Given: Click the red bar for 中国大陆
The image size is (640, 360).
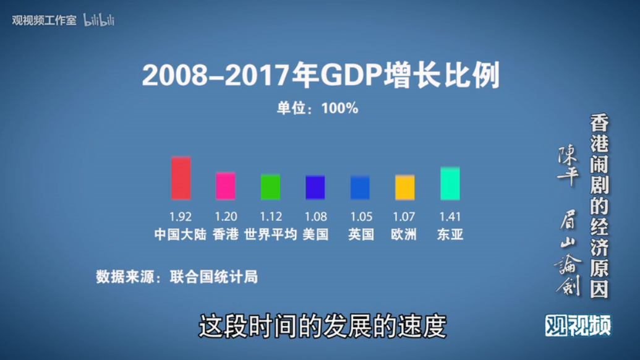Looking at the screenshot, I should [x=181, y=178].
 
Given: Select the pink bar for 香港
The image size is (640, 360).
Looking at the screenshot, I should [x=225, y=186].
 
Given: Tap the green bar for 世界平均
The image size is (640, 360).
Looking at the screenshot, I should [x=270, y=187].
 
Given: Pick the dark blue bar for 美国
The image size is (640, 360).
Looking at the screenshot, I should [x=315, y=187].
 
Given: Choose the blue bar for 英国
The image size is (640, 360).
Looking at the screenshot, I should [x=360, y=188].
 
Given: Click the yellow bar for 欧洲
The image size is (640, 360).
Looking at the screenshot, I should [x=405, y=187].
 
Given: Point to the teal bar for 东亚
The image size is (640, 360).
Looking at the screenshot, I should [x=450, y=184].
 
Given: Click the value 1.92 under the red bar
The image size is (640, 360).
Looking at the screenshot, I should [x=181, y=217].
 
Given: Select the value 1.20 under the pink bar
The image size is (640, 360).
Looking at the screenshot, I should [x=226, y=217].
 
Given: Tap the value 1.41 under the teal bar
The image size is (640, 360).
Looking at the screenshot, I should [x=450, y=217].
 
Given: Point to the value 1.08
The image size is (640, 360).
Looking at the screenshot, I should [x=315, y=217].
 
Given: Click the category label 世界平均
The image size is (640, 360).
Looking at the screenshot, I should [x=270, y=235].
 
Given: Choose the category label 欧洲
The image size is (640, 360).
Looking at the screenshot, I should [x=404, y=235].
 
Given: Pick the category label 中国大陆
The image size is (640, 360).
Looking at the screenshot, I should [x=180, y=235].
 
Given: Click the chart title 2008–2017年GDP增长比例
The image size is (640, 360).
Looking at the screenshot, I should [x=320, y=76].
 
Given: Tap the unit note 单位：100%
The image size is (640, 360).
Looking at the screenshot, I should [x=317, y=108].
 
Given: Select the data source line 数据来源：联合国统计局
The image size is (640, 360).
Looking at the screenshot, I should [x=177, y=276].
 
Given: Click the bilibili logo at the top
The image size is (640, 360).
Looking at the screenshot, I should [x=99, y=20].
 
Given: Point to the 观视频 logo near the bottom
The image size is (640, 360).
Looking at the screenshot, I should [x=578, y=325].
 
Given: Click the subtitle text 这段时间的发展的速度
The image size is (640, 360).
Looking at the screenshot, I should [x=322, y=326].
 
